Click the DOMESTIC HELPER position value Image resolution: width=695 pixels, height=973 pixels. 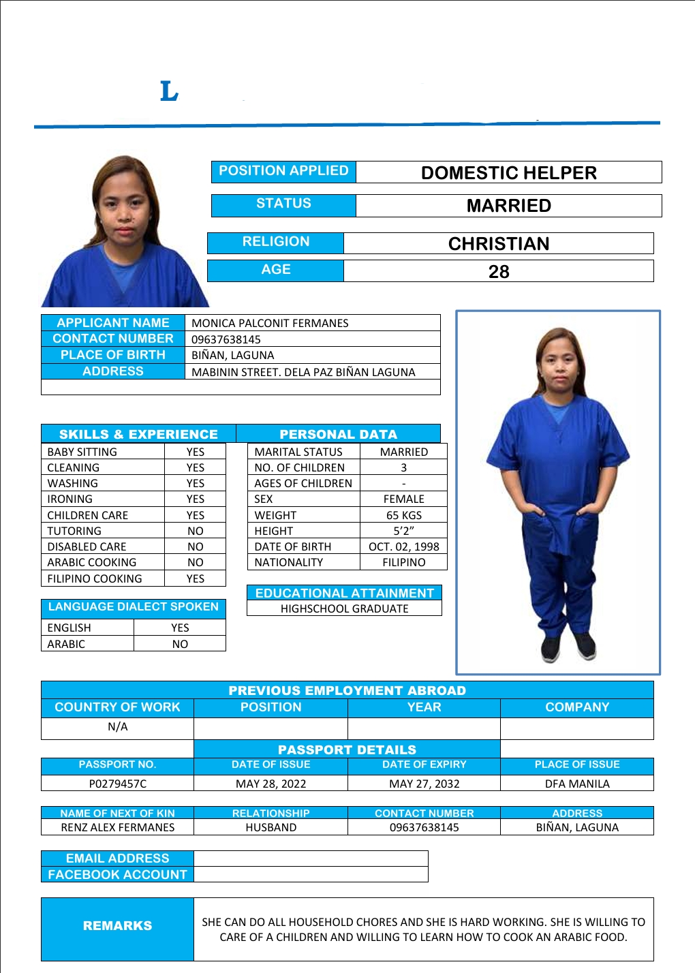tap(508, 173)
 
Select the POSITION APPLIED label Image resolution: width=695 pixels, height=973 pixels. tap(283, 171)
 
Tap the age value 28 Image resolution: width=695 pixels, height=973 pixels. tap(499, 272)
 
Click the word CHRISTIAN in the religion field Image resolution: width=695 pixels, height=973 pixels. tap(499, 244)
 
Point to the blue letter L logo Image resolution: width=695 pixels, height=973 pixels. tap(169, 91)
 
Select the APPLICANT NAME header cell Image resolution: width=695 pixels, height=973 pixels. tap(113, 323)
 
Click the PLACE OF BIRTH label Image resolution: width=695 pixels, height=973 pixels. tap(113, 355)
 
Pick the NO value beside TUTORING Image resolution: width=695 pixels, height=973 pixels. tap(196, 531)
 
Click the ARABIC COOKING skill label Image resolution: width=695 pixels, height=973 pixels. tap(92, 563)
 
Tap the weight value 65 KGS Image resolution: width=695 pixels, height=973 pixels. tap(404, 516)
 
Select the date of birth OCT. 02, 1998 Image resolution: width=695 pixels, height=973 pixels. tap(404, 547)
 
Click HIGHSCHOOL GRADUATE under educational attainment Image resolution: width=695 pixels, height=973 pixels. tap(345, 609)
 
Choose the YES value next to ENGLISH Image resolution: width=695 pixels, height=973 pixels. tap(180, 628)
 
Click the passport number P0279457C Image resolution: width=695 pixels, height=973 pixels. tap(118, 784)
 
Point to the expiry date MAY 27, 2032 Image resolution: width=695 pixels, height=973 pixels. tap(424, 784)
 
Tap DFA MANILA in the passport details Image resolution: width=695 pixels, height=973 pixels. tap(577, 784)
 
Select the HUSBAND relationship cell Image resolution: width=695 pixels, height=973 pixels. tap(271, 828)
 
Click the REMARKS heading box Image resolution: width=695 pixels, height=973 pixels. tap(118, 926)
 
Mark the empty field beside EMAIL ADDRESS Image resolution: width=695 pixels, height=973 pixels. tap(311, 859)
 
